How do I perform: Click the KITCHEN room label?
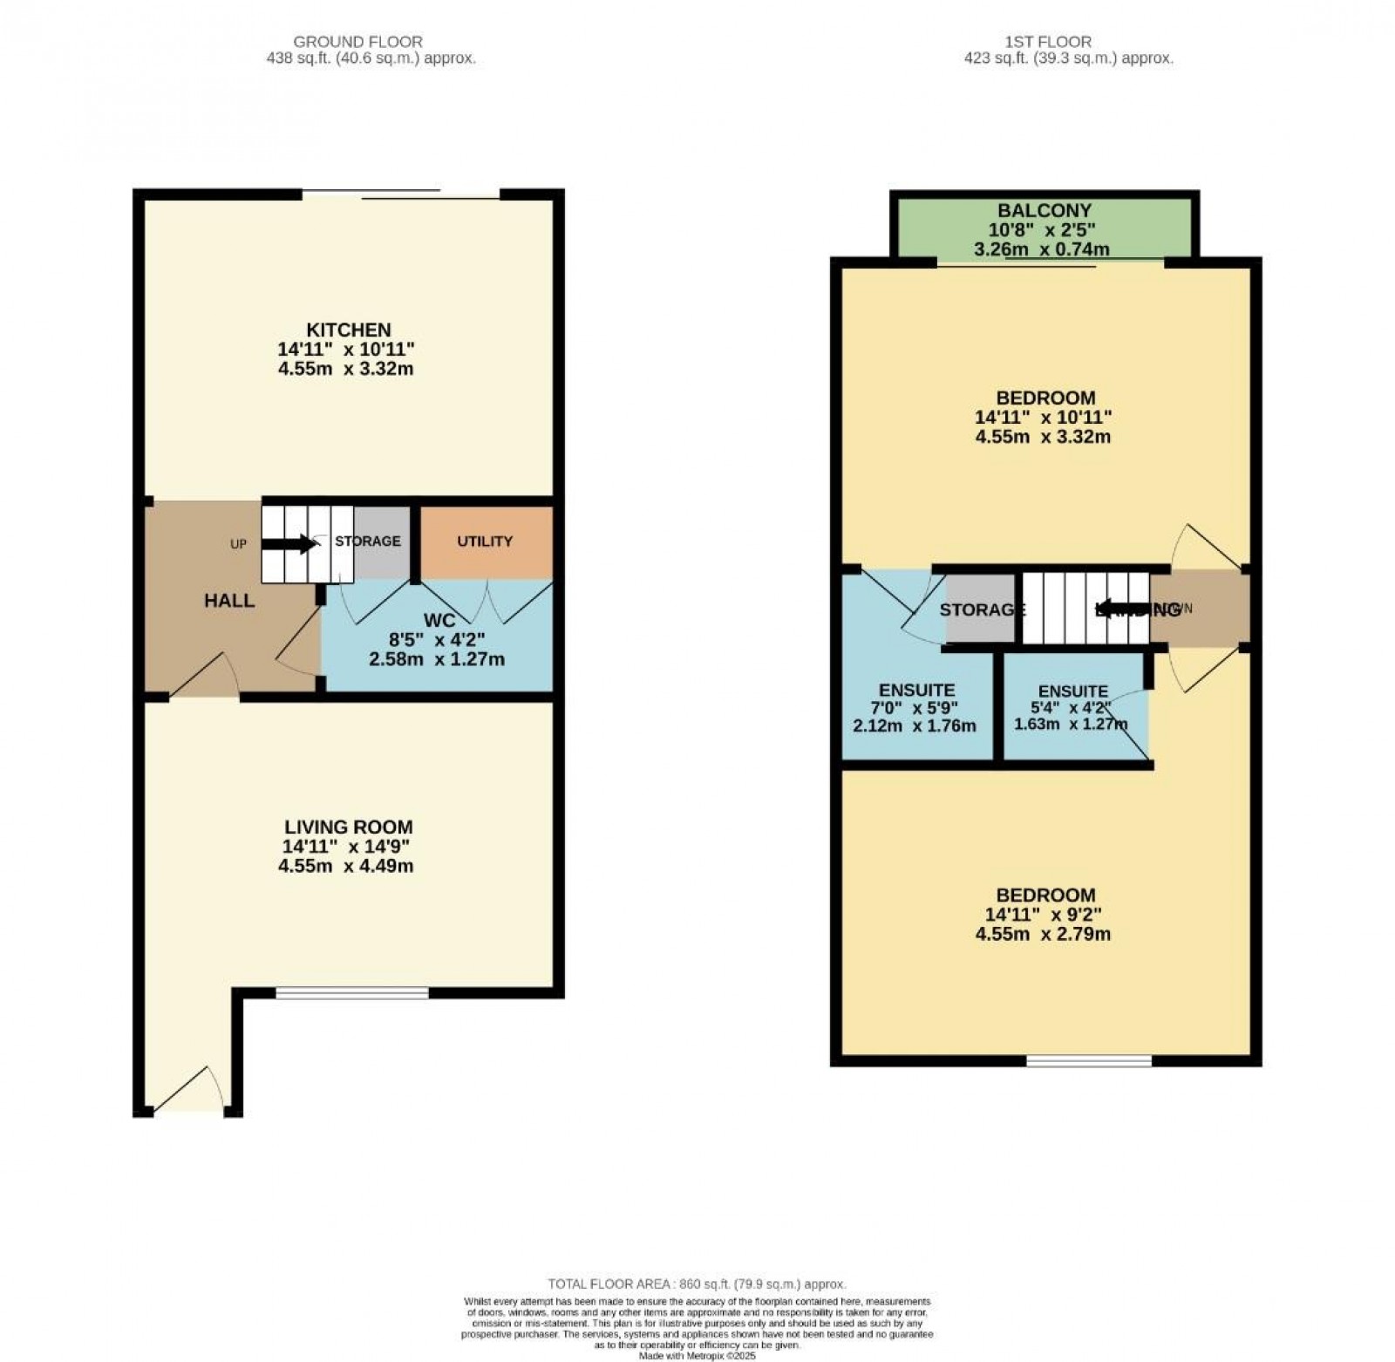tap(348, 330)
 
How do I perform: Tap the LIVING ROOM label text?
tap(348, 827)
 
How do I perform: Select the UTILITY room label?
tap(485, 541)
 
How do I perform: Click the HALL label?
tap(229, 601)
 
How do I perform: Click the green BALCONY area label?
tap(1044, 211)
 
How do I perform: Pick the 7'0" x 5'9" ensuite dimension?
tap(915, 708)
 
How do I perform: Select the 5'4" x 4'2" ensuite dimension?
tap(1072, 708)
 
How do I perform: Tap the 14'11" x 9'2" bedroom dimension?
tap(1043, 915)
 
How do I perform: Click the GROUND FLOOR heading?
tap(357, 42)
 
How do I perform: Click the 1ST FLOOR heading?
tap(1058, 42)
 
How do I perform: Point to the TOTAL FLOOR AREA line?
tap(697, 1284)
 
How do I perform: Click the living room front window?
tap(352, 992)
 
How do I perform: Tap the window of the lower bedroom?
tap(1089, 1061)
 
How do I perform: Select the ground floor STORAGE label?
tap(368, 541)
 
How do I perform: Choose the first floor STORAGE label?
tap(982, 609)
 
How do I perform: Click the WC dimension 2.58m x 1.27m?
tap(437, 659)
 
